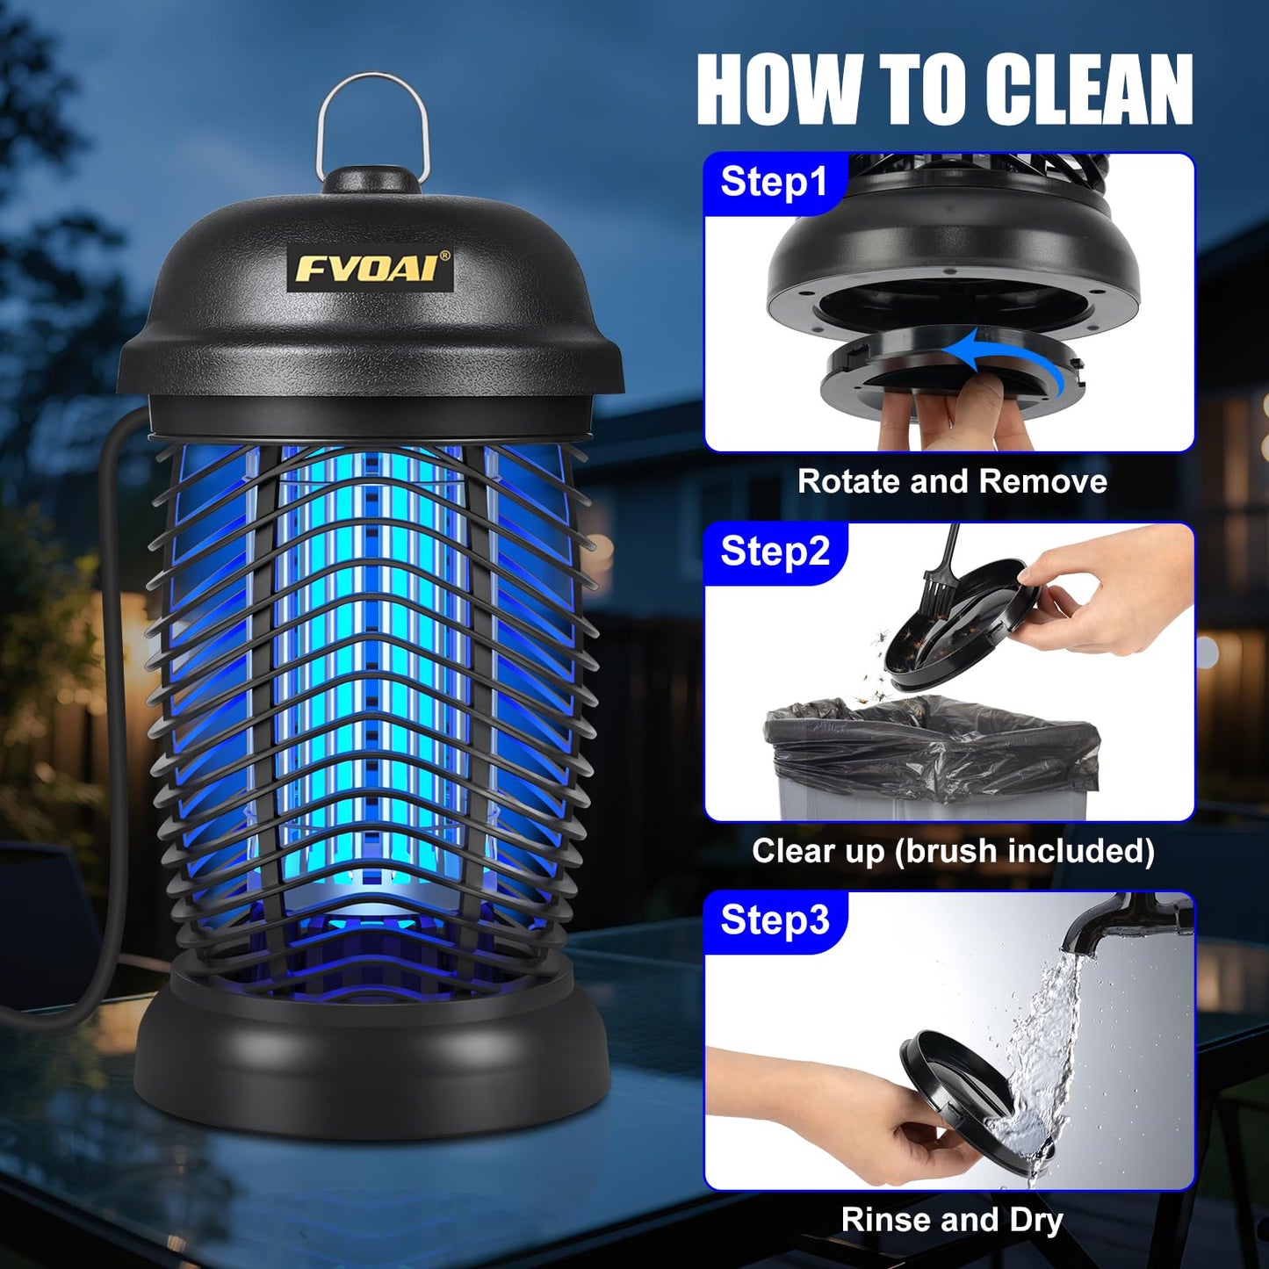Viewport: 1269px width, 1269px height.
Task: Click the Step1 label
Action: click(774, 182)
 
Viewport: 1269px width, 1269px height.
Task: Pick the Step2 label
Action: click(775, 552)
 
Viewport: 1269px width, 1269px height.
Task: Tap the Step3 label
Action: click(775, 919)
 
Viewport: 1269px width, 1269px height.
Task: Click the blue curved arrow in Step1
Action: click(1010, 357)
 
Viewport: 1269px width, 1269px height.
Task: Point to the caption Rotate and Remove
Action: click(952, 481)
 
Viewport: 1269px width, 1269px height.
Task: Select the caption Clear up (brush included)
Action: click(953, 851)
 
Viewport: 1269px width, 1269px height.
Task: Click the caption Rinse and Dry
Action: click(952, 1220)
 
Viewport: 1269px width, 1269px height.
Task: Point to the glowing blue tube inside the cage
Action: click(372, 667)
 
